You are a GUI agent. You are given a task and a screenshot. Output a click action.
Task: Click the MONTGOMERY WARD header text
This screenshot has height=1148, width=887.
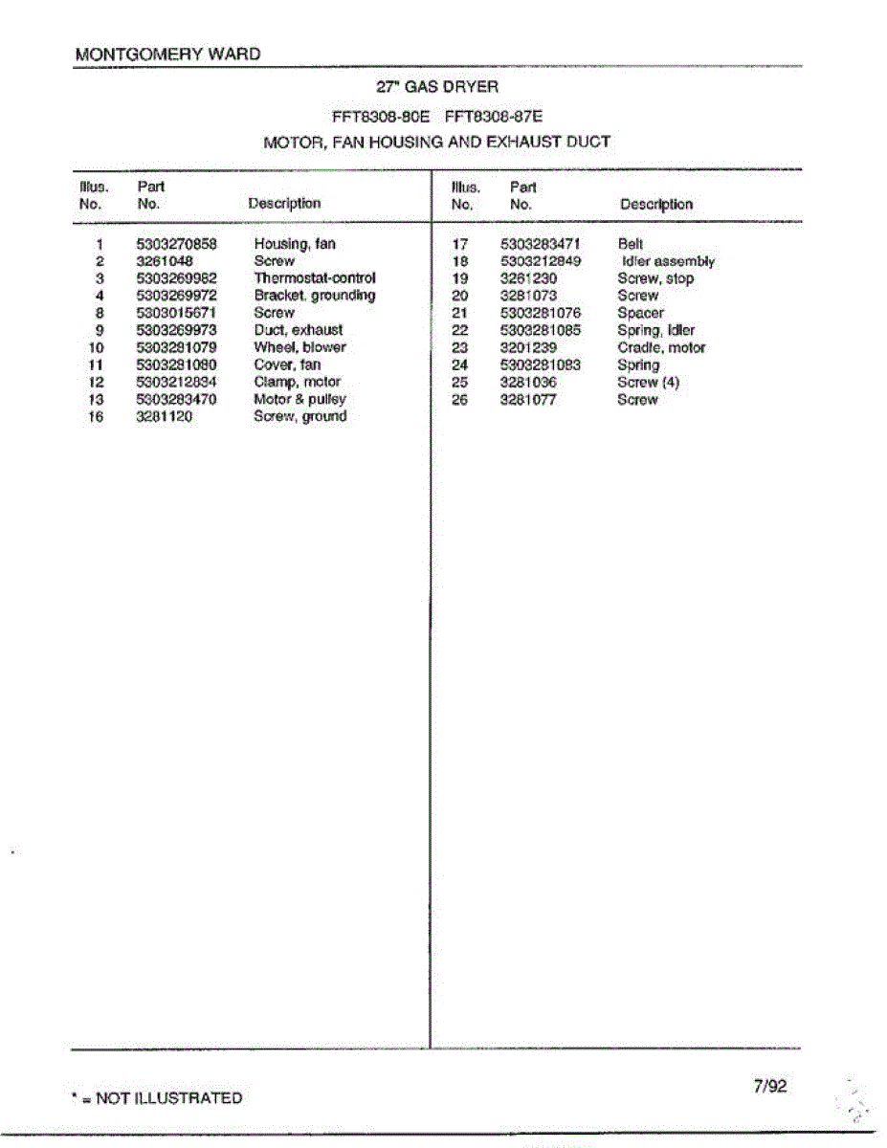click(x=167, y=55)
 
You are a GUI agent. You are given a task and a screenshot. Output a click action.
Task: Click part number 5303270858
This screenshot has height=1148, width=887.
click(x=177, y=244)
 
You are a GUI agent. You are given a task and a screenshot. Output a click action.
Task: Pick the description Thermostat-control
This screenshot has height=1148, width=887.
click(x=307, y=278)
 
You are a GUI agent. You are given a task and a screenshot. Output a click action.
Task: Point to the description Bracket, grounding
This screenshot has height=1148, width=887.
click(x=314, y=296)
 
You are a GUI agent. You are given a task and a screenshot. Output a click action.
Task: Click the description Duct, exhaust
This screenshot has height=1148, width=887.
click(x=298, y=330)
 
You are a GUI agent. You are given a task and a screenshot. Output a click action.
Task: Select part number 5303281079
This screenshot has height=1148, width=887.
click(x=177, y=347)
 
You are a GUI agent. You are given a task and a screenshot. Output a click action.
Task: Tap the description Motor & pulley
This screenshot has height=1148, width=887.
click(x=299, y=399)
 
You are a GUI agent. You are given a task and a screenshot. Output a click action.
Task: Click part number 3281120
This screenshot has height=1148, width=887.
click(x=165, y=416)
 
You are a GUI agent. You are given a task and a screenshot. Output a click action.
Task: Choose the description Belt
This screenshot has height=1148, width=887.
click(x=631, y=244)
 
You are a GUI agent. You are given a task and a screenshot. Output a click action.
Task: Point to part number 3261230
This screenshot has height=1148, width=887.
click(x=528, y=278)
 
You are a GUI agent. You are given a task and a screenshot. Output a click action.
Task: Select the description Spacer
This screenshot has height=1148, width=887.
click(x=640, y=313)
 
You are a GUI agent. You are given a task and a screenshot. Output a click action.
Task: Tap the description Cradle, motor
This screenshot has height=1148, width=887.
click(x=661, y=348)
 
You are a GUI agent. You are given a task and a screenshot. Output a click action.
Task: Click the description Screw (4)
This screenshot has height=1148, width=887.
click(x=648, y=383)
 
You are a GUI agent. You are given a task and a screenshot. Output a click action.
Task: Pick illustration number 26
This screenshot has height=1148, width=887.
click(x=460, y=400)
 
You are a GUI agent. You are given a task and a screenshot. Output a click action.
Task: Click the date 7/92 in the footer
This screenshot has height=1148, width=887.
click(x=769, y=1086)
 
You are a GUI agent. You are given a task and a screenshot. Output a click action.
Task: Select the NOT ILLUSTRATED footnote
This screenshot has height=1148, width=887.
click(x=158, y=1098)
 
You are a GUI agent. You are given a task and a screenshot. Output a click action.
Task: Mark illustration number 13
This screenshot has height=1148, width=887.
click(x=96, y=399)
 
